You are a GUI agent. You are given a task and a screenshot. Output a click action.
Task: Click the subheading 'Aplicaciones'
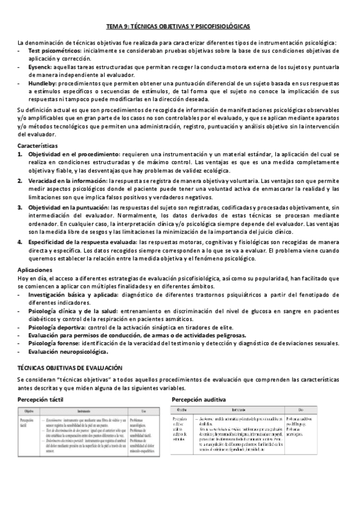(x=35, y=271)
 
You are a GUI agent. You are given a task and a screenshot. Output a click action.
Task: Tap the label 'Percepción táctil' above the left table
(x=40, y=399)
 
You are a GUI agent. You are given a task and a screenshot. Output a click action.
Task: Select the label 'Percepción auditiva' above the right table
(x=199, y=399)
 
